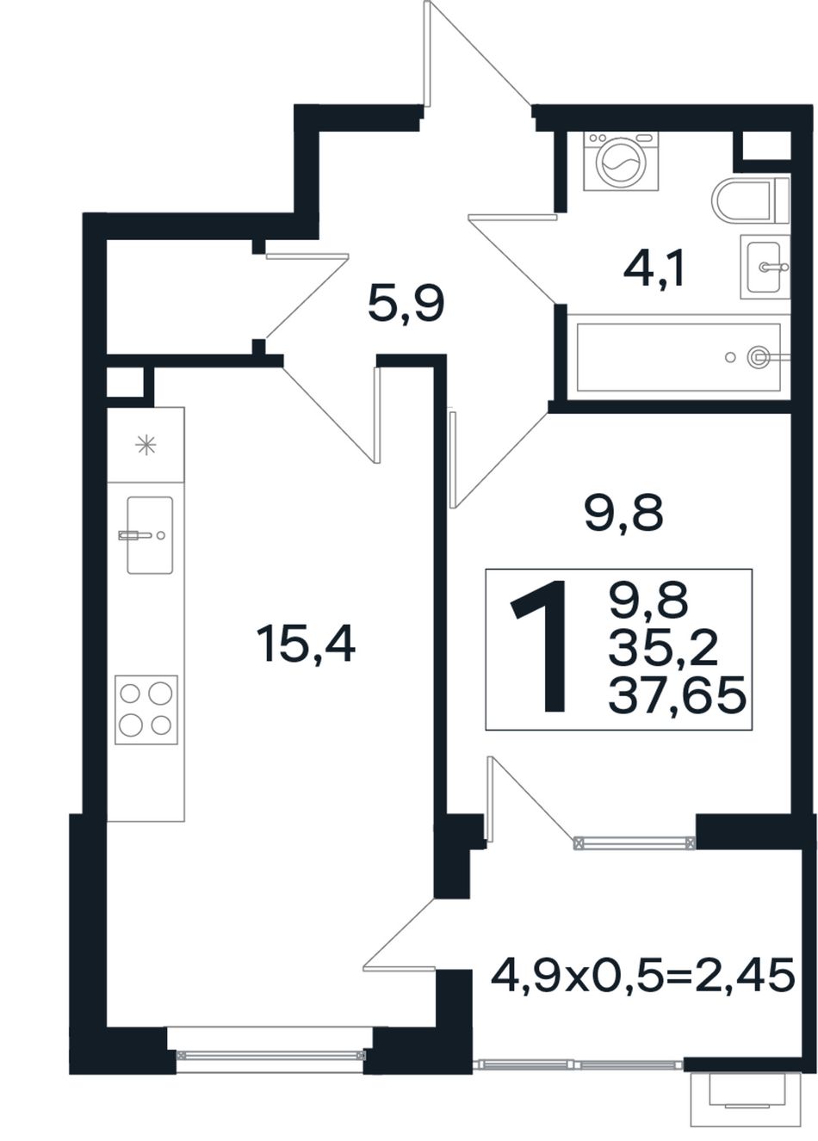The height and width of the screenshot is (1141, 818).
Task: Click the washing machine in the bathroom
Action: click(620, 161)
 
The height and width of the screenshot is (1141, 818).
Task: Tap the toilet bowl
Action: click(750, 199)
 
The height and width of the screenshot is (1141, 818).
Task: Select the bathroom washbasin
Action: click(764, 267)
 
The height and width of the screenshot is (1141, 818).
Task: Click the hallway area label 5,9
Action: click(406, 304)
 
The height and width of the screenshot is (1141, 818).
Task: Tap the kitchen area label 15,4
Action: click(307, 645)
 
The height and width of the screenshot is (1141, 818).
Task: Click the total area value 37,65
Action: click(677, 694)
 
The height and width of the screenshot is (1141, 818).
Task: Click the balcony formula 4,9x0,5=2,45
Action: click(642, 974)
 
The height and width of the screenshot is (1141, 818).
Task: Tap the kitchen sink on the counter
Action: click(149, 535)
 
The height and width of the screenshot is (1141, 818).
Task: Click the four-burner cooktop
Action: click(146, 709)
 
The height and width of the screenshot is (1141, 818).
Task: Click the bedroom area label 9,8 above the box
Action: click(623, 513)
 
